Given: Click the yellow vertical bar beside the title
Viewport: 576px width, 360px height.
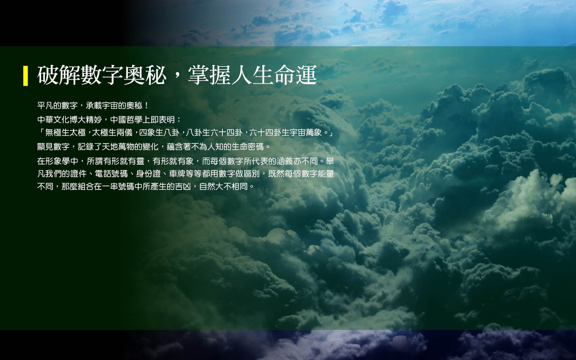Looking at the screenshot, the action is click(25, 76).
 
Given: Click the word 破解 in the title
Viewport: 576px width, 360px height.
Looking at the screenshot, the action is click(59, 75).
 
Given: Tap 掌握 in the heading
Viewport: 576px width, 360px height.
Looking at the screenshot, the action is click(209, 75).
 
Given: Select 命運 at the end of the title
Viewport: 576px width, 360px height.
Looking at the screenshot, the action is click(296, 75).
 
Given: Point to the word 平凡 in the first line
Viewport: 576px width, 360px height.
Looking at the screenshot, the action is click(45, 105).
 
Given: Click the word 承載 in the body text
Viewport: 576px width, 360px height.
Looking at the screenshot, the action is click(94, 105).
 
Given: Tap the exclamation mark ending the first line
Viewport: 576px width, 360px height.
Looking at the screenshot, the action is click(146, 105).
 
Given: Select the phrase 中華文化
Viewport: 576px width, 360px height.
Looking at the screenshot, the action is click(53, 119).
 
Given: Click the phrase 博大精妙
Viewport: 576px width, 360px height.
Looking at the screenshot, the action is click(86, 119).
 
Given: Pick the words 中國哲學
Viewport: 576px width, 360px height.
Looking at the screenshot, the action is click(126, 119).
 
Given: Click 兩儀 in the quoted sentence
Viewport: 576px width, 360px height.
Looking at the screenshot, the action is click(125, 133).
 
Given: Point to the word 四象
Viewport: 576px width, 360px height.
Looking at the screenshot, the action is click(147, 133).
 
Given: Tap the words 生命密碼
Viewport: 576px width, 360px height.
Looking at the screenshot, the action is click(248, 146).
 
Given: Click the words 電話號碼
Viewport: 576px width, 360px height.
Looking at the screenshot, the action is click(111, 174).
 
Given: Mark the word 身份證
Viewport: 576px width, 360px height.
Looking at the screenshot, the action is click(148, 174).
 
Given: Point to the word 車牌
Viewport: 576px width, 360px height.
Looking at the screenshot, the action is click(177, 174).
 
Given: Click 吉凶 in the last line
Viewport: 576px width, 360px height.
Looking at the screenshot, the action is click(183, 187).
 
